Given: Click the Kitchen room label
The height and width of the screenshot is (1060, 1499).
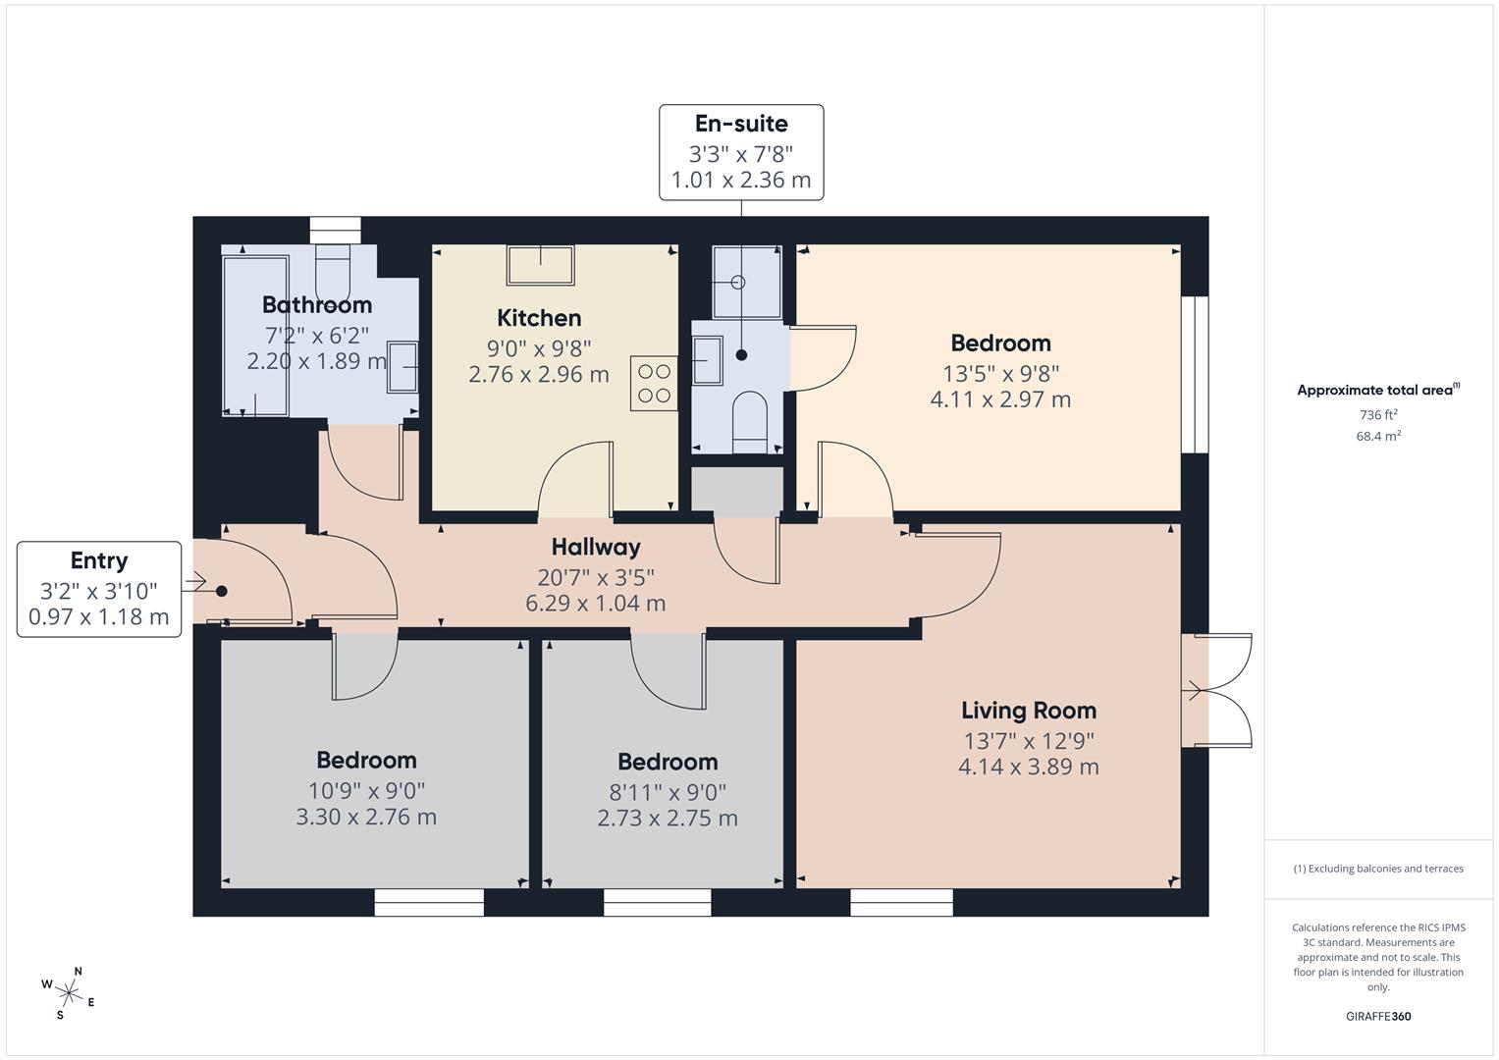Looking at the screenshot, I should point(539,318).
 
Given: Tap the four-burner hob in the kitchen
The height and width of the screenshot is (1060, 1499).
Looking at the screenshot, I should point(653,383).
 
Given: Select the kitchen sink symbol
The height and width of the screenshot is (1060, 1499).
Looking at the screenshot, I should point(540,264).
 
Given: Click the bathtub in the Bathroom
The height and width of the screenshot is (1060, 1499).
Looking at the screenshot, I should point(255,335).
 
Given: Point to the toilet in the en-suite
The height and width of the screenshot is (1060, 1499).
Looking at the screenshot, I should point(750,421).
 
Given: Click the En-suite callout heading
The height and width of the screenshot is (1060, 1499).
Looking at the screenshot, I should point(741,124).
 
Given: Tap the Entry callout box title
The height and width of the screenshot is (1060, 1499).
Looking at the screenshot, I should point(99,560).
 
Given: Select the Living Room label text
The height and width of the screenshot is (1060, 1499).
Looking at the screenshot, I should point(1028,711).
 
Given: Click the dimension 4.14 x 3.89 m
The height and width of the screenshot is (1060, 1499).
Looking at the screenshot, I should point(1028,767).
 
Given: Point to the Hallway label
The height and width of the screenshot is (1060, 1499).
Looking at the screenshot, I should point(595,547).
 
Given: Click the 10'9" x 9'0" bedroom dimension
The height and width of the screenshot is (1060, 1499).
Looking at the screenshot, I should point(366,790).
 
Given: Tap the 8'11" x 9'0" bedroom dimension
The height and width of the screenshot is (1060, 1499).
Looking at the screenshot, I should point(668,792).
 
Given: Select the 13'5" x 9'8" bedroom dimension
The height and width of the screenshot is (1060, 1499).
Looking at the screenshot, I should point(1000,373).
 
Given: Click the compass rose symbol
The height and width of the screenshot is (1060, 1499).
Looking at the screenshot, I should point(69,989).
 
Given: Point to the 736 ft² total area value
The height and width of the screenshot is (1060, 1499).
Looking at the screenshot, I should point(1377,415).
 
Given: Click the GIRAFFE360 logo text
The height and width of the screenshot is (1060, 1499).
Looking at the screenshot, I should point(1377,1016).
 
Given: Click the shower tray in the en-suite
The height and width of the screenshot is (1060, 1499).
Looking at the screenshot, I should point(746,283).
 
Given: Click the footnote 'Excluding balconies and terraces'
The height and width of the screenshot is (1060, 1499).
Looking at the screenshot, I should point(1377,869).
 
